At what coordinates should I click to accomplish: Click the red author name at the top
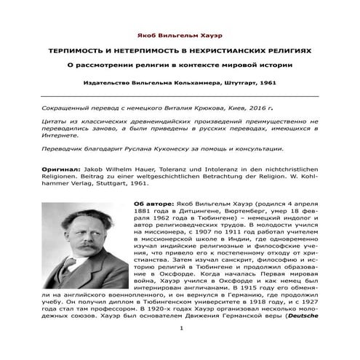(180, 35)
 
